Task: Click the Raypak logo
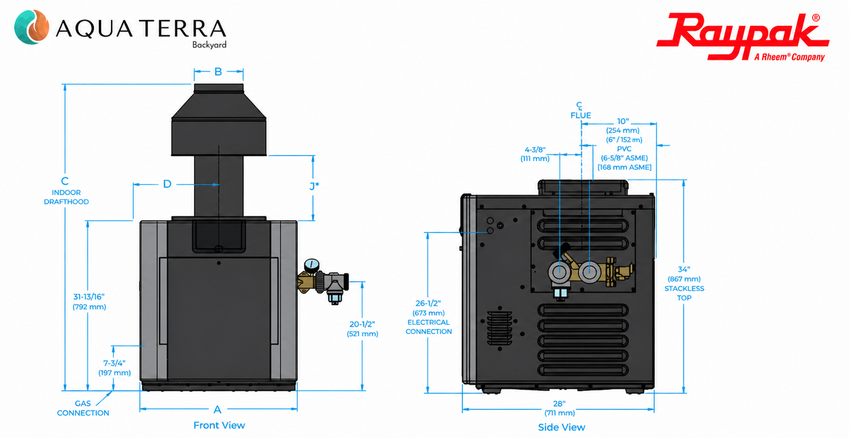(x=743, y=37)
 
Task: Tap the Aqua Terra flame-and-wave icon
(x=32, y=27)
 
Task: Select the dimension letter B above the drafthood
(x=218, y=72)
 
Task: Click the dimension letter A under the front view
(x=217, y=410)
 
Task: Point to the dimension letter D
(x=167, y=184)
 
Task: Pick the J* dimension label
(x=314, y=186)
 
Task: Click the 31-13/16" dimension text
(x=89, y=297)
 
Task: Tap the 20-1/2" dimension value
(x=363, y=324)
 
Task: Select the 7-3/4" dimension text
(x=115, y=363)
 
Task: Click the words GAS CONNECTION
(x=83, y=408)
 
